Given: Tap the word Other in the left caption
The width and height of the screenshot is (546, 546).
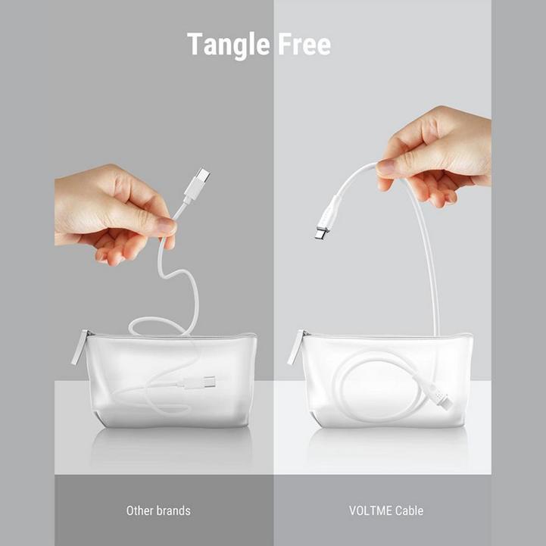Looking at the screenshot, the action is (x=140, y=510).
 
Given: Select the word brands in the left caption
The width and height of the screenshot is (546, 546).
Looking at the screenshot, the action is (x=173, y=510).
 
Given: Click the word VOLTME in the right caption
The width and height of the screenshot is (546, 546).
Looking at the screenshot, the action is (x=370, y=510).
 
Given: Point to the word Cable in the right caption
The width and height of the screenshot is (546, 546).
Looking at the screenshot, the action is (x=409, y=510).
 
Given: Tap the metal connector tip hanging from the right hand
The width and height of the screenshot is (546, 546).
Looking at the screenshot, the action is (x=321, y=232).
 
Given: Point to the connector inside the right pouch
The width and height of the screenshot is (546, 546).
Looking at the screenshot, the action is (x=438, y=395).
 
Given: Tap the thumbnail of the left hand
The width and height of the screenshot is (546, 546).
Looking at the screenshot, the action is (x=166, y=224).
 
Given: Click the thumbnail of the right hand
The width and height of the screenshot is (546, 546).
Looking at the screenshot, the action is (x=385, y=167).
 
